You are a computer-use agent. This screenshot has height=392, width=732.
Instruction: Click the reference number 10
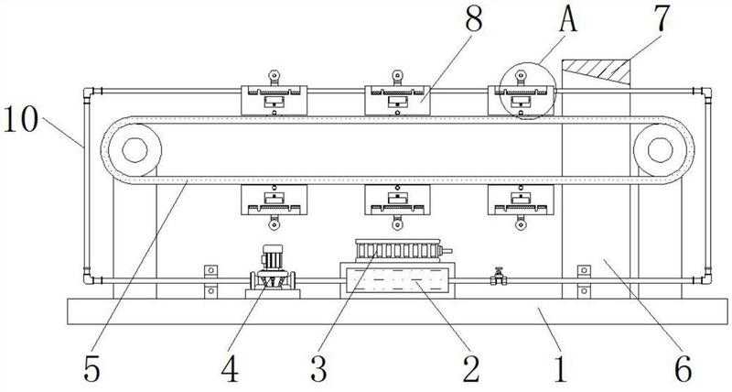coord(20,119)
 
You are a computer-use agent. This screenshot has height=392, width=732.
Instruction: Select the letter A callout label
coord(567,18)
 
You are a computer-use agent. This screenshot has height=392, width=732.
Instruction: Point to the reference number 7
coord(661,18)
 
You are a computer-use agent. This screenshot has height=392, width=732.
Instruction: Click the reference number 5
coord(92,368)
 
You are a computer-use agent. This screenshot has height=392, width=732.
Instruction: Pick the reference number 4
coord(230,368)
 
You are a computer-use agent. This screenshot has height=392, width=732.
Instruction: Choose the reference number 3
coord(318,368)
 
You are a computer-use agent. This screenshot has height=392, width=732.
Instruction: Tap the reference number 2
coord(471,368)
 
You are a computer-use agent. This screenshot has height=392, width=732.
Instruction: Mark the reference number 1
coord(560,368)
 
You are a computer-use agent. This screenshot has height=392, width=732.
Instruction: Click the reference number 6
coord(684,368)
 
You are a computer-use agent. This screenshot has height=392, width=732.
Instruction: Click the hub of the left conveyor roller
coord(135,150)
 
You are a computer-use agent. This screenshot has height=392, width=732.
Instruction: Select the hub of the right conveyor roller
coord(660,150)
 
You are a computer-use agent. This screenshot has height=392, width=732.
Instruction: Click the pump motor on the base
coord(272,271)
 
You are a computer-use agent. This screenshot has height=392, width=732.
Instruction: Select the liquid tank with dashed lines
coord(397,280)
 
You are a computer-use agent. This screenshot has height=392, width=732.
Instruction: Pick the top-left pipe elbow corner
coord(89,92)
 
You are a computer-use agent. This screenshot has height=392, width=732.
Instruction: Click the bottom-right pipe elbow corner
coord(706,279)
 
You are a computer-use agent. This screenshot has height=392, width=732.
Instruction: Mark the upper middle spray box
coord(397,100)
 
